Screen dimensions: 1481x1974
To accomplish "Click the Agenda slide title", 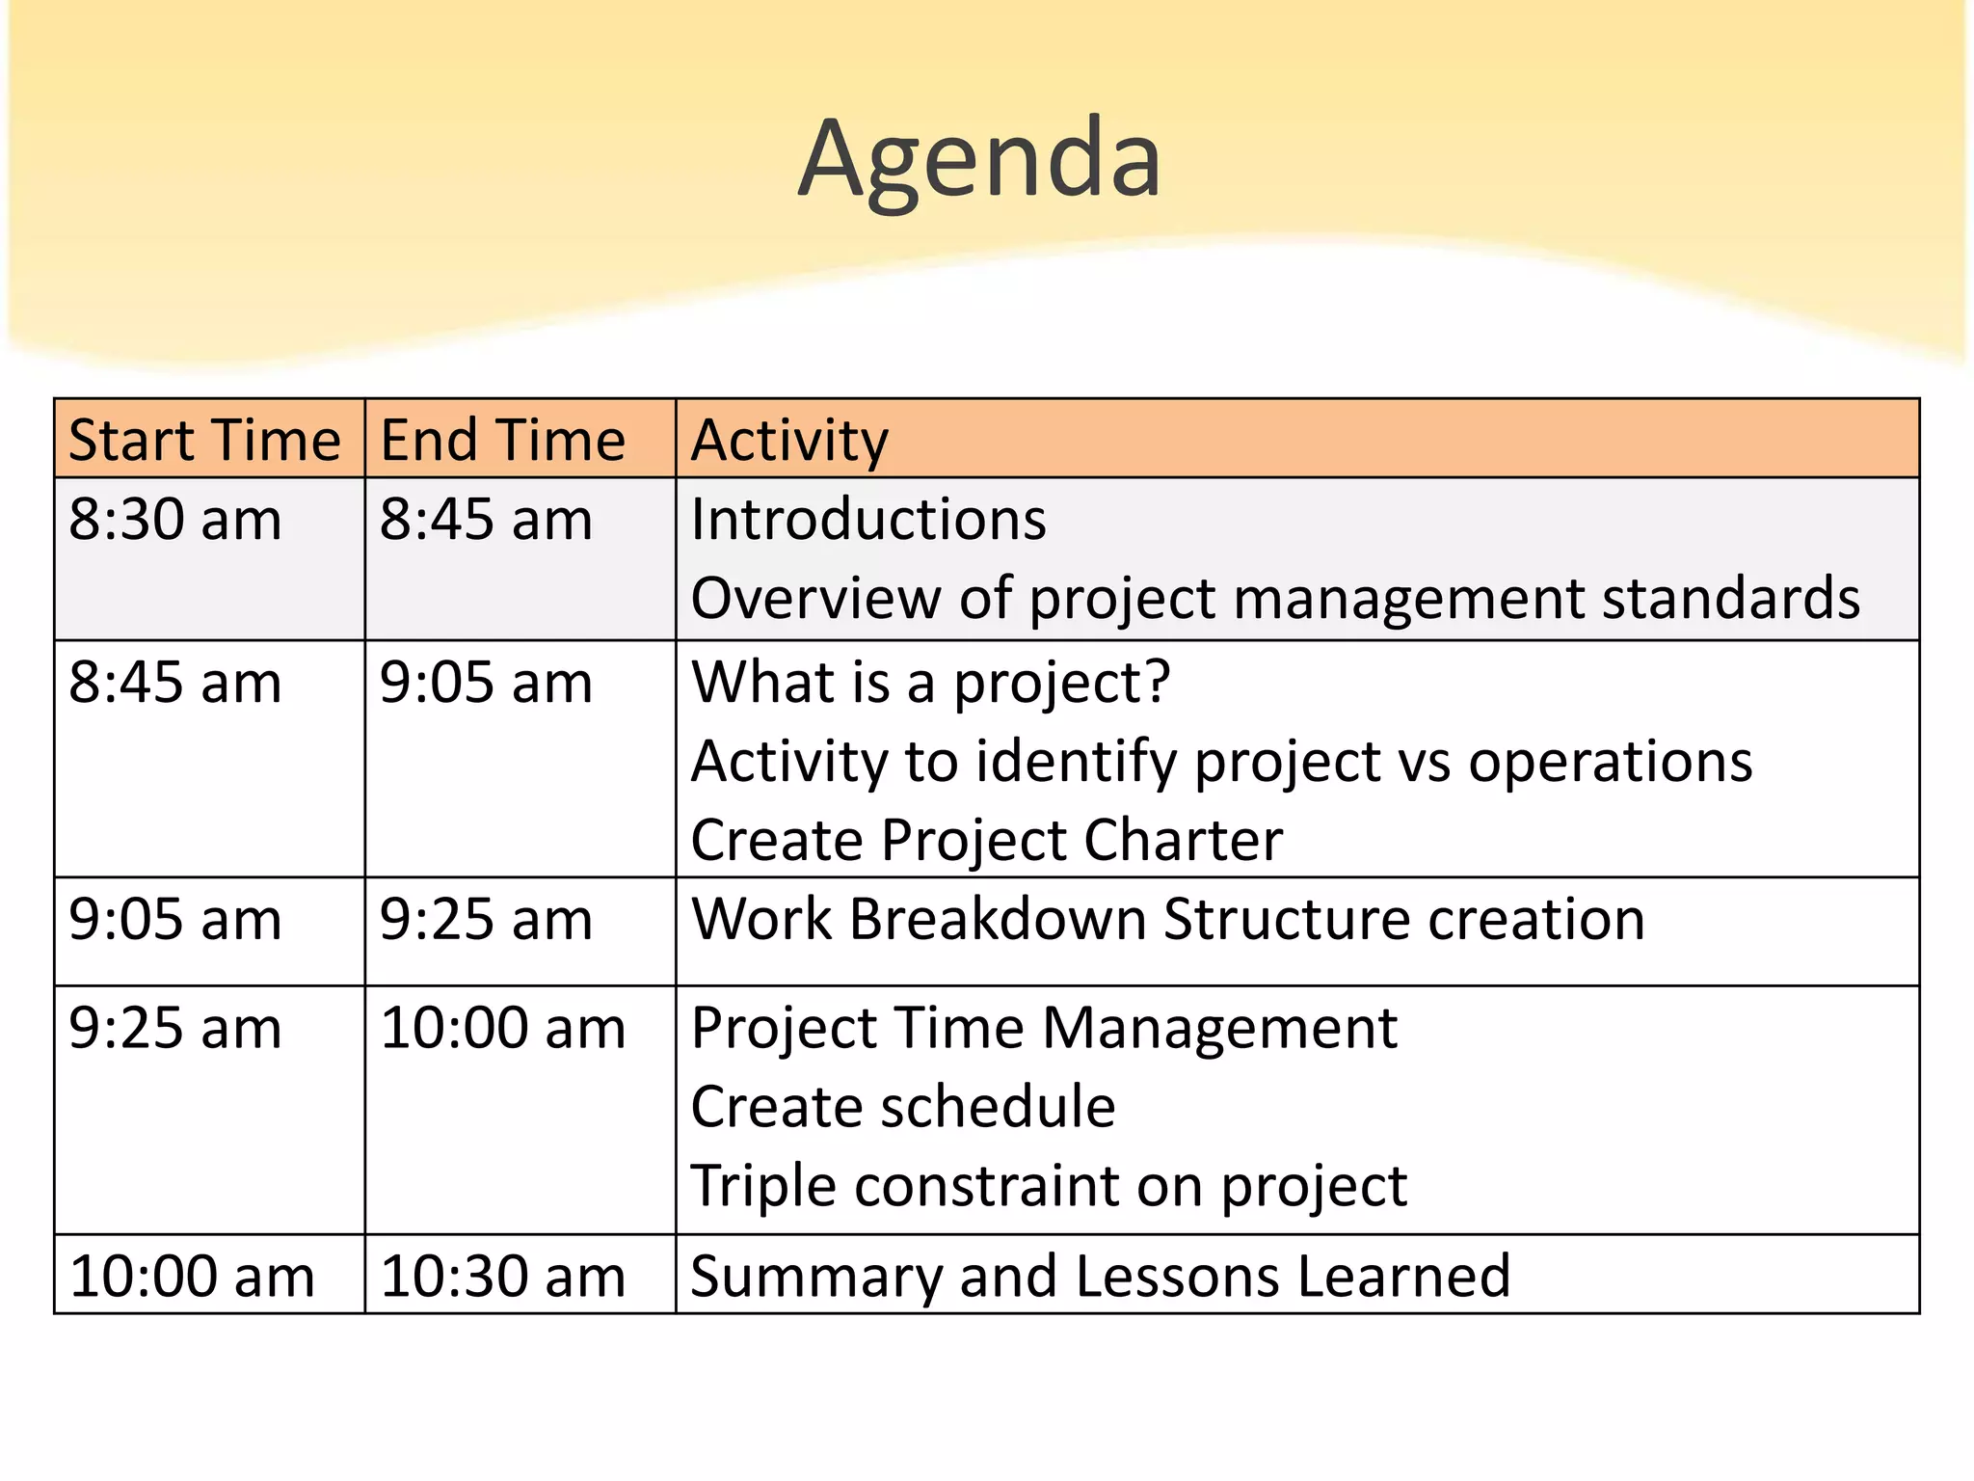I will click(x=979, y=159).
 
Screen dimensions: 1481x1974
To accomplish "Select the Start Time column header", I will click(x=204, y=441).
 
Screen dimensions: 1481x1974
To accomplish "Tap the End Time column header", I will click(x=502, y=441).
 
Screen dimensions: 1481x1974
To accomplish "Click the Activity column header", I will click(x=789, y=441).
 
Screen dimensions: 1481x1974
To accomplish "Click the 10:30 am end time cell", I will click(x=502, y=1277).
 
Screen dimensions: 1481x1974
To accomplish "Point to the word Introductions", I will click(x=867, y=520).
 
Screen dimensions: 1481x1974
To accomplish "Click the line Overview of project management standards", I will click(x=1274, y=599).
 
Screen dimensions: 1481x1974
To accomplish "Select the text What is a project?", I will click(x=930, y=683).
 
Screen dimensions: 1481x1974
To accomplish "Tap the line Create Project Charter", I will click(x=986, y=840).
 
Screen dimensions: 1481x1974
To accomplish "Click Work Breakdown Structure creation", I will click(x=1167, y=919).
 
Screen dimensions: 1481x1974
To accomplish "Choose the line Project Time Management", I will click(x=1044, y=1028).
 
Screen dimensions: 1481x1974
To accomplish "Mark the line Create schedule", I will click(x=903, y=1107).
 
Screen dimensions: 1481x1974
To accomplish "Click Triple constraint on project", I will click(x=1049, y=1185).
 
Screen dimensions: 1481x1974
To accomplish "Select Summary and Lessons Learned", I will click(x=1100, y=1277).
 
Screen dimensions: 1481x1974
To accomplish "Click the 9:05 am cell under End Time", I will click(x=486, y=683).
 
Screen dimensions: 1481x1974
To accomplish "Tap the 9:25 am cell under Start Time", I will click(x=175, y=1028).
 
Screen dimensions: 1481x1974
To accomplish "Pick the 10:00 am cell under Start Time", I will click(x=192, y=1277).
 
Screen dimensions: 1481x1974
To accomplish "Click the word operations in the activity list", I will click(x=1610, y=762).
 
